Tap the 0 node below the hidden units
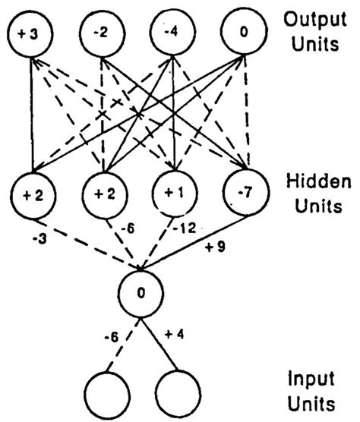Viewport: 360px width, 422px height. tap(141, 291)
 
